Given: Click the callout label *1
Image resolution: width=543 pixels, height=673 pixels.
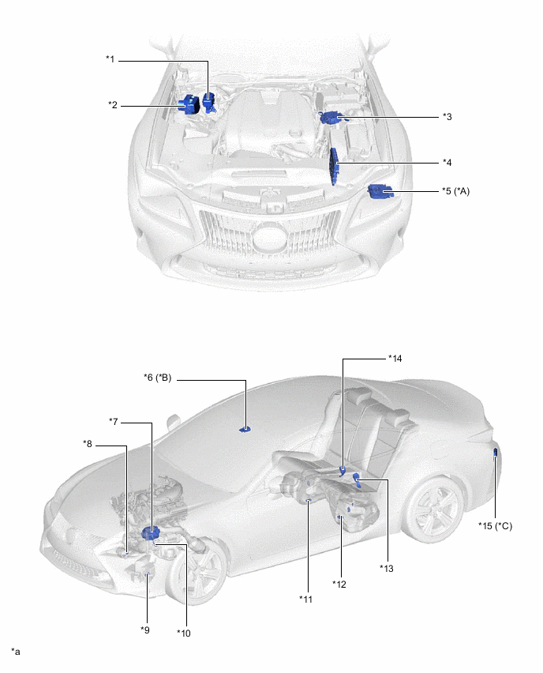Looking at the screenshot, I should tap(110, 58).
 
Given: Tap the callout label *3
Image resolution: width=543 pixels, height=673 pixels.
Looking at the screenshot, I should tap(447, 116).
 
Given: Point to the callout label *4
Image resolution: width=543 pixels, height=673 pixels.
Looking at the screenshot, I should tap(447, 163).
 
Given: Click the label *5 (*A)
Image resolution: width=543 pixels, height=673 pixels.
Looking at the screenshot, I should tap(458, 191).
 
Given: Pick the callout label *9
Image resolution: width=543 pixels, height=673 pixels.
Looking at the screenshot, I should tap(144, 629).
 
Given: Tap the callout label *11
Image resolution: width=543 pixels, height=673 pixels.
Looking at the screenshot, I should tap(305, 600).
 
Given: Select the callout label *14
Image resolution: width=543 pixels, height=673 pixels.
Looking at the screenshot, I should tap(395, 358).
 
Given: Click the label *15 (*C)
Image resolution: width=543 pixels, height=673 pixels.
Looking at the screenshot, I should tap(495, 525).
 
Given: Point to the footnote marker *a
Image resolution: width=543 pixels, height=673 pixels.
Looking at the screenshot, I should tap(15, 651).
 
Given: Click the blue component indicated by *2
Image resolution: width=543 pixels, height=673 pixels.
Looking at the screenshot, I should tap(189, 104).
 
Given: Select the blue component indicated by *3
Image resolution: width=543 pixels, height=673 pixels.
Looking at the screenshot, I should tap(330, 118).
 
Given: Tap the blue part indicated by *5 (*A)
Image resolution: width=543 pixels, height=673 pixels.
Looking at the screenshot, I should tap(380, 190).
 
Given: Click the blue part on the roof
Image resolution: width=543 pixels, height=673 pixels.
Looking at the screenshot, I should tap(245, 429).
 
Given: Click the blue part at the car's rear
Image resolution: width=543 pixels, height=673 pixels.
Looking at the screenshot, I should tap(495, 453).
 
